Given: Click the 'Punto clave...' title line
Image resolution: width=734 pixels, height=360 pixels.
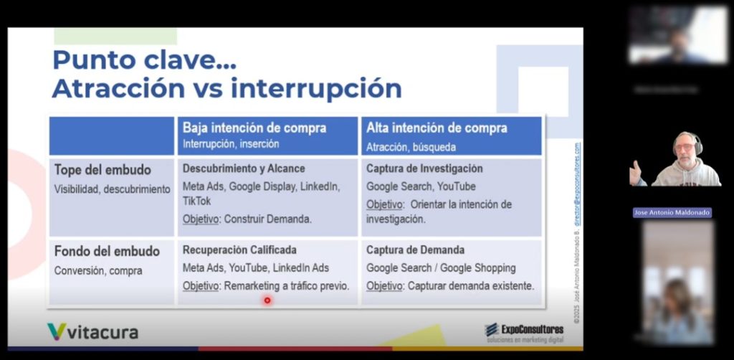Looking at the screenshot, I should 144,60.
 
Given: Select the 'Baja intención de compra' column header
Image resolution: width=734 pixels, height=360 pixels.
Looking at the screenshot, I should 254,128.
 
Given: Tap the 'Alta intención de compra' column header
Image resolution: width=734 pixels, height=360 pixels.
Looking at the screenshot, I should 437,128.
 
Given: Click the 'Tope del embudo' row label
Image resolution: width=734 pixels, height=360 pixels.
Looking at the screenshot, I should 103,170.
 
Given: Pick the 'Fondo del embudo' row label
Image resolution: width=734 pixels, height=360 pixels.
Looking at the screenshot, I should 107,252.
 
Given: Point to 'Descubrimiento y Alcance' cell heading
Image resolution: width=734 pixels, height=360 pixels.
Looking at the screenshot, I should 244,169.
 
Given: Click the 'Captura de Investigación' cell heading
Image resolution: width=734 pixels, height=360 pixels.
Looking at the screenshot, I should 424,169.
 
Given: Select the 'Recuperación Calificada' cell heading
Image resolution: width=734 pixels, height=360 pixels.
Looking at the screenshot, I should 239,250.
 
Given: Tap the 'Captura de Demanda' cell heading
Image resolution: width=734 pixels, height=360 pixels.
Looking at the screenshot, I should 415,250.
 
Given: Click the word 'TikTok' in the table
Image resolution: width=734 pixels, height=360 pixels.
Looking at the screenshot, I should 197,202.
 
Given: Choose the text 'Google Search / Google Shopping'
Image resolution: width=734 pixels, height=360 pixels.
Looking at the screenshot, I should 441,267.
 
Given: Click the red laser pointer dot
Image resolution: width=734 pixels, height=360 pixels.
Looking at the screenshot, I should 267,300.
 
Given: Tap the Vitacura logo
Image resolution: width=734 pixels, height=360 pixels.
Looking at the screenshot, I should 92,332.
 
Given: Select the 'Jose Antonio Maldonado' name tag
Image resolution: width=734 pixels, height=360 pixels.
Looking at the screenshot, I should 672,213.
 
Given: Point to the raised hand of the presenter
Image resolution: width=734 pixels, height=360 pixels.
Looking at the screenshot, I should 635,172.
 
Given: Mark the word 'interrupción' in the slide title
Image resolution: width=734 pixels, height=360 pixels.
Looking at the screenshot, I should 316,89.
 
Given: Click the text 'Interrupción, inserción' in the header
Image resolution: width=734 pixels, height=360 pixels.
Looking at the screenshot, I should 231,144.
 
